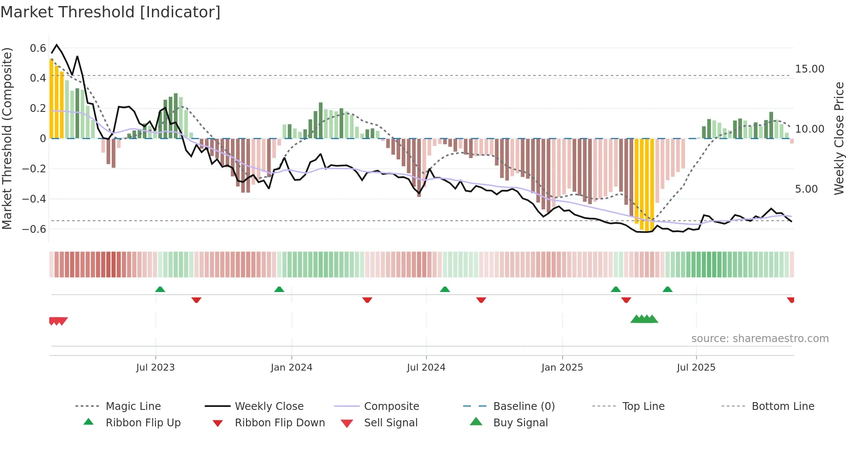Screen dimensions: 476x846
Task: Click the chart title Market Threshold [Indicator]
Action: pyautogui.click(x=110, y=12)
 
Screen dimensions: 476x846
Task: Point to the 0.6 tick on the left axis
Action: pyautogui.click(x=38, y=48)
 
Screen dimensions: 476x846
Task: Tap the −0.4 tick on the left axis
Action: pyautogui.click(x=34, y=199)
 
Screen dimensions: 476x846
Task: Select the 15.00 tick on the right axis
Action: pyautogui.click(x=809, y=69)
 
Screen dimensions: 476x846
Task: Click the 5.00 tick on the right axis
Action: pyautogui.click(x=806, y=189)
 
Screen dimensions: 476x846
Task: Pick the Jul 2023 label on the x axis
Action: pyautogui.click(x=155, y=368)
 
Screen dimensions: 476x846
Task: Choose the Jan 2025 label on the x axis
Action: pyautogui.click(x=562, y=368)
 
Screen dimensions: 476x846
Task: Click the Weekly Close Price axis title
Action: pyautogui.click(x=839, y=138)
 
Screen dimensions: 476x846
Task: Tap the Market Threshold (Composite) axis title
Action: pyautogui.click(x=7, y=138)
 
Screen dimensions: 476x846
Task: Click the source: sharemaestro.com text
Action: pyautogui.click(x=760, y=339)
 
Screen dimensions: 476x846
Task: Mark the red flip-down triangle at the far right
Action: pyautogui.click(x=791, y=300)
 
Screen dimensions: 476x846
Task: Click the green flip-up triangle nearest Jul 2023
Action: pyautogui.click(x=160, y=289)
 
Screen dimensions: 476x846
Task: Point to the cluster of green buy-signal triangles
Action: pyautogui.click(x=644, y=319)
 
